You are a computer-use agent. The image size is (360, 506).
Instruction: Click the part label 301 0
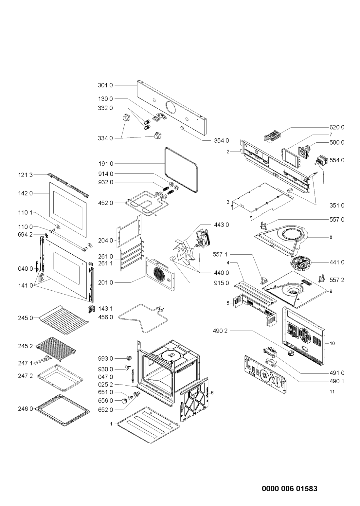[x=105, y=85]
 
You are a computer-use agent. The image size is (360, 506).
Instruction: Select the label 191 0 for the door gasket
[x=105, y=164]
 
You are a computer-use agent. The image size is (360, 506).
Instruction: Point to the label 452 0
[x=105, y=203]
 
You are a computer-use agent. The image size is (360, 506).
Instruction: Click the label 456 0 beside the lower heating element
[x=105, y=317]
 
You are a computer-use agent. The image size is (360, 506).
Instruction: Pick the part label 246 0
[x=26, y=409]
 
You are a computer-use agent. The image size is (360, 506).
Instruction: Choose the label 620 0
[x=337, y=127]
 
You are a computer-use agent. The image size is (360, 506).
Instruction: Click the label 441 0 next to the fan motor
[x=337, y=262]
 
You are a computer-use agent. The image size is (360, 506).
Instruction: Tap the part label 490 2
[x=220, y=331]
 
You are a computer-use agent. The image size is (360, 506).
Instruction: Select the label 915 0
[x=221, y=283]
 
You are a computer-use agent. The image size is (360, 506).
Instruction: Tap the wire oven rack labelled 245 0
[x=64, y=320]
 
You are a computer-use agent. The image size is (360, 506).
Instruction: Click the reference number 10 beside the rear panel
[x=332, y=343]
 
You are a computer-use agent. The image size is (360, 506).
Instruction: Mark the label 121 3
[x=26, y=175]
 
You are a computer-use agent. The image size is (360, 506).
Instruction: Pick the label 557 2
[x=337, y=280]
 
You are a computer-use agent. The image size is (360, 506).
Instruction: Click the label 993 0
[x=105, y=358]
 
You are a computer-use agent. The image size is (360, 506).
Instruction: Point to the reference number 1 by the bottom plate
[x=111, y=424]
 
